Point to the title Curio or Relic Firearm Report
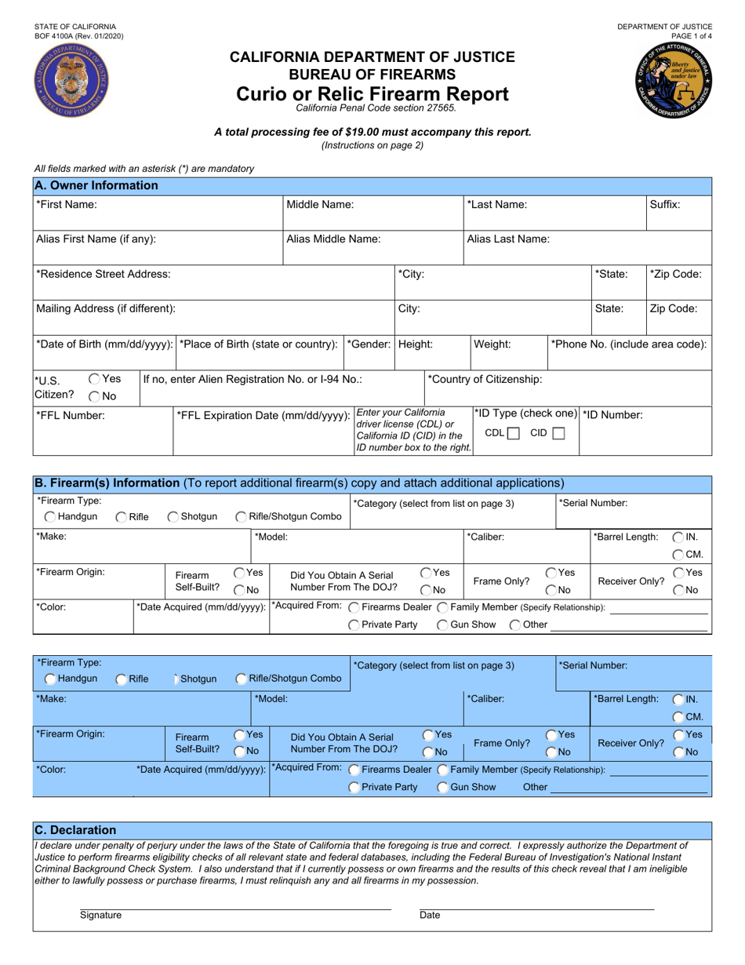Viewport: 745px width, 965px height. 372,94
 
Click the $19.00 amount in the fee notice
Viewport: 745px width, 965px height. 405,132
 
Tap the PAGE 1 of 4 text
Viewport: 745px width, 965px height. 691,36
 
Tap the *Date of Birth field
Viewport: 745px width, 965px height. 104,355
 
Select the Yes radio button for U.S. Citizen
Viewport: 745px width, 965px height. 94,378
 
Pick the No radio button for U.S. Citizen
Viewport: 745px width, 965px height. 94,397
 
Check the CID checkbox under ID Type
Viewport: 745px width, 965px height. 558,433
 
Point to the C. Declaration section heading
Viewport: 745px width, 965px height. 76,830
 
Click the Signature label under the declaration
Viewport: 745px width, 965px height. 100,915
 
